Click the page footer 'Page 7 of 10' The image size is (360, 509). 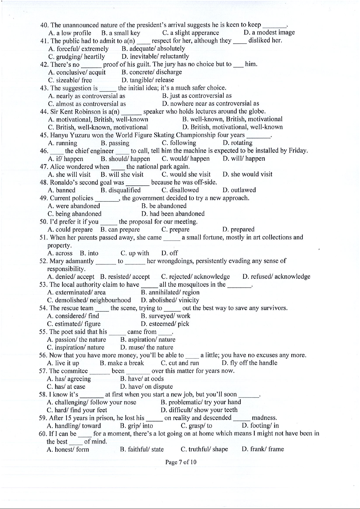click(180, 462)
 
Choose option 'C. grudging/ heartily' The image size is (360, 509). click(76, 56)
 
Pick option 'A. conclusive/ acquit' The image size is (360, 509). click(77, 72)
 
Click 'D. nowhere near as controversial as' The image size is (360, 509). click(210, 104)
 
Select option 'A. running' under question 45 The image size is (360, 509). click(63, 143)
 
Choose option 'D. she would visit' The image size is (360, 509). click(247, 174)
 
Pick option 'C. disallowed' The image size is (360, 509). click(180, 190)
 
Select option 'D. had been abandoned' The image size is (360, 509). click(173, 214)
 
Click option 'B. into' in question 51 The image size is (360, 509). click(89, 253)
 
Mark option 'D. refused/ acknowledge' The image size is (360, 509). click(276, 276)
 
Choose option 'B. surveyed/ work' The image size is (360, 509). click(165, 316)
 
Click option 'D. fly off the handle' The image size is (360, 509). click(249, 363)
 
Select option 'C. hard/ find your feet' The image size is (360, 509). click(77, 410)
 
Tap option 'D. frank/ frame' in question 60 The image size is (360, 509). click(263, 449)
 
